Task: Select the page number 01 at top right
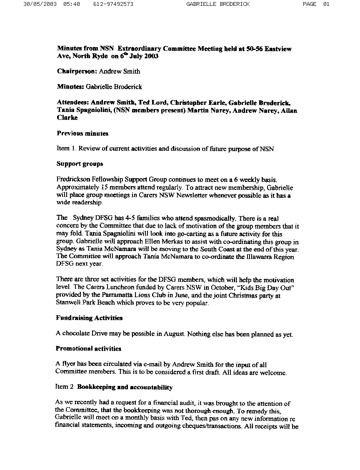326,4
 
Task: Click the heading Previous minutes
82,134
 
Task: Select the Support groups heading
80,164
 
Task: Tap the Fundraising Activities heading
89,318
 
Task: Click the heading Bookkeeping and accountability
125,387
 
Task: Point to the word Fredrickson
73,180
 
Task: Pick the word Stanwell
68,303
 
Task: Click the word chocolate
76,334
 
